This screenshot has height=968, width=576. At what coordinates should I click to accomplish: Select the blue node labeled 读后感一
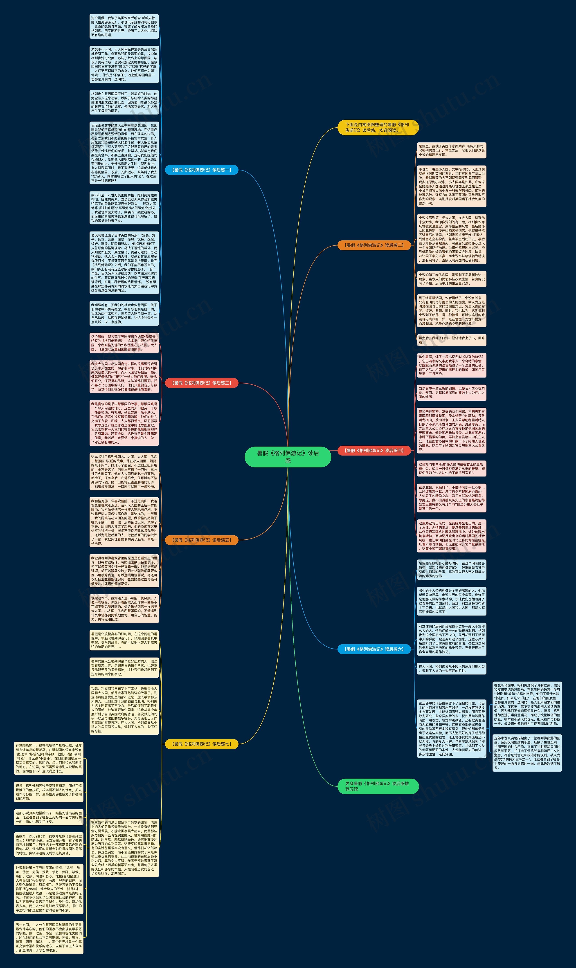201,170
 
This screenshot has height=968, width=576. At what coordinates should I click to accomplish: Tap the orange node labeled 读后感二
374,245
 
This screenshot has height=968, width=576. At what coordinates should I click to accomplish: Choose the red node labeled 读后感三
201,383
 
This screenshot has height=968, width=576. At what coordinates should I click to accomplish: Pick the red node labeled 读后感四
374,450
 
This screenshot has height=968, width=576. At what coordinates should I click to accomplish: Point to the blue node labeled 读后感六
374,649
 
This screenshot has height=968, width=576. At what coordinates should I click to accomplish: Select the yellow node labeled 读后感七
201,744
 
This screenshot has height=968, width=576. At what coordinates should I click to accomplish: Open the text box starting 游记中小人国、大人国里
124,64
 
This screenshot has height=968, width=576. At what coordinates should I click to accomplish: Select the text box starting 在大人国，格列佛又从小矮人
451,668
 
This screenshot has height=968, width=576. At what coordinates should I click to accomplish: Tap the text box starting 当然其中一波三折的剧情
451,392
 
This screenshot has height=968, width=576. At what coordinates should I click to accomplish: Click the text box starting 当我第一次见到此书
49,844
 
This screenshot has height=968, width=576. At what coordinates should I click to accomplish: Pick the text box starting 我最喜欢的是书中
124,423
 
